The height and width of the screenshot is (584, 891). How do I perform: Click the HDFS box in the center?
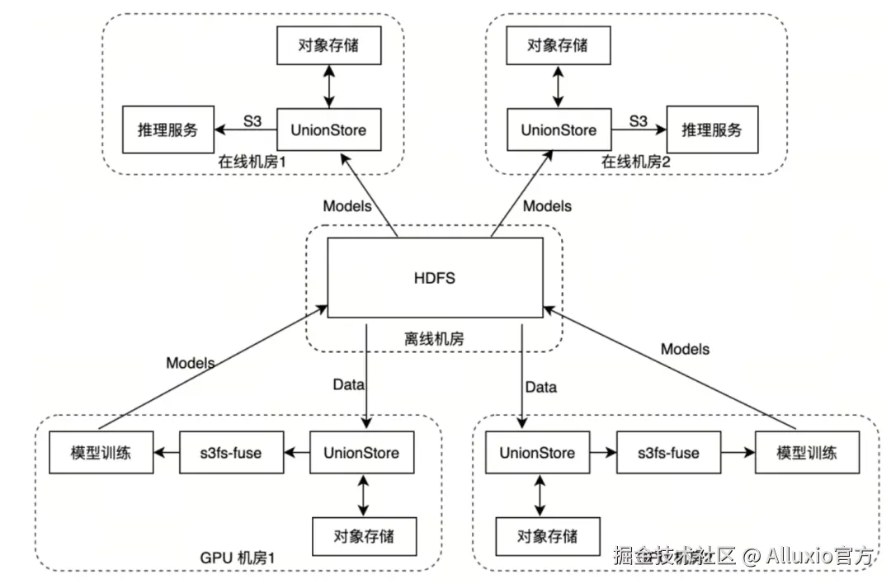pos(435,278)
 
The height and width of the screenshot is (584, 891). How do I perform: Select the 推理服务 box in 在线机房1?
pos(167,130)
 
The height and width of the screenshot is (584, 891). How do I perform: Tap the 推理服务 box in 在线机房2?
pos(711,130)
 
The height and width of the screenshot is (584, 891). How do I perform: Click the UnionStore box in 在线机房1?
pos(328,130)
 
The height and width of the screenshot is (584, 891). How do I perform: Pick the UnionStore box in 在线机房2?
pos(559,130)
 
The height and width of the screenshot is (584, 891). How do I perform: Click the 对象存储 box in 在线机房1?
pos(328,45)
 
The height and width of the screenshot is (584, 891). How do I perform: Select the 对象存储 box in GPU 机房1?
pos(364,536)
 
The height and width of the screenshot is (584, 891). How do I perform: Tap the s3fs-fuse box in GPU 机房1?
pos(232,452)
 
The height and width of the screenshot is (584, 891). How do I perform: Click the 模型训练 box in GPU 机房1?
pos(101,452)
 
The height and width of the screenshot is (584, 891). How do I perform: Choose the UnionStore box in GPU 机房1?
pos(361,452)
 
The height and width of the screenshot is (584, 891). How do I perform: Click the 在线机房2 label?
pos(635,162)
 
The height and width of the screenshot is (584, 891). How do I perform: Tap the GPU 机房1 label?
pos(237,558)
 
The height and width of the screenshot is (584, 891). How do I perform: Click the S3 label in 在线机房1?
pos(252,120)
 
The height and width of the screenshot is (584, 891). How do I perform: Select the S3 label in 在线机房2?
pos(638,120)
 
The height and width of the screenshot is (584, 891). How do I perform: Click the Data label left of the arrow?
pos(349,384)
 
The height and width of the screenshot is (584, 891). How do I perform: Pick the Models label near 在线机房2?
pos(547,205)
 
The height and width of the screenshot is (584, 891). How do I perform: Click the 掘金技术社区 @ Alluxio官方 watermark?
pos(742,555)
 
